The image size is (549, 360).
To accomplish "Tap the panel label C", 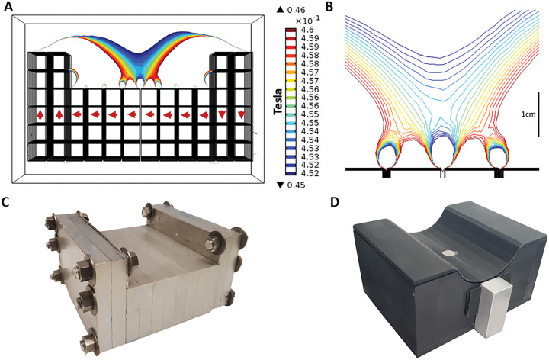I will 9,203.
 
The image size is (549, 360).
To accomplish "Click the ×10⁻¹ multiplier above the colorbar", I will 300,21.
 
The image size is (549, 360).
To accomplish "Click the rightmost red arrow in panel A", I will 242,114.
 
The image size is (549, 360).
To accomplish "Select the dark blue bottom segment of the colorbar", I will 290,174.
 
